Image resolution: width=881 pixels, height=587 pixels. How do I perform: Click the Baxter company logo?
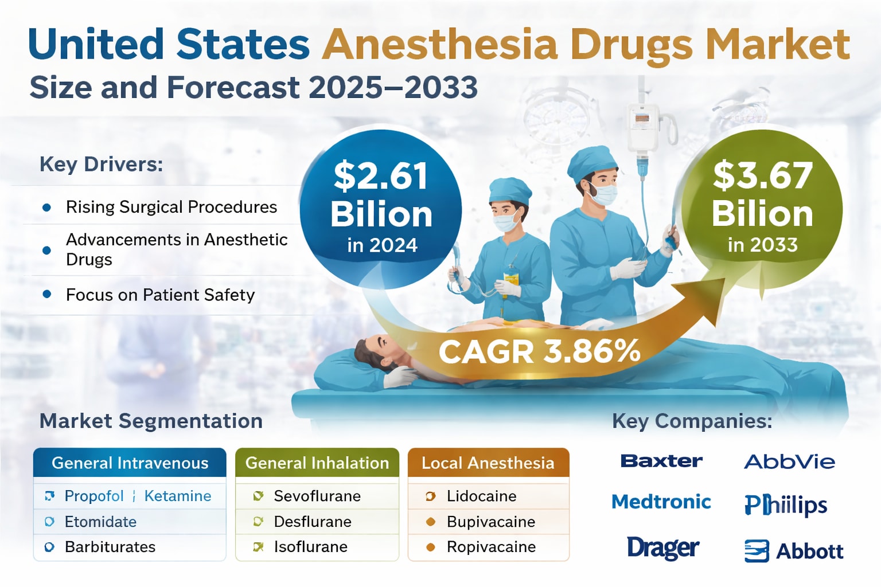[x=661, y=461]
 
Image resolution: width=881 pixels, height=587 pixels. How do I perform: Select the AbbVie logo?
[x=789, y=461]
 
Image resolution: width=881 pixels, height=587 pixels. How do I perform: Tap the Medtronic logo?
[x=661, y=502]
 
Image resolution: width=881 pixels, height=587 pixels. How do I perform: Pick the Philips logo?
[x=786, y=505]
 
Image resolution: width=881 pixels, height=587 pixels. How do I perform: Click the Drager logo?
[x=662, y=548]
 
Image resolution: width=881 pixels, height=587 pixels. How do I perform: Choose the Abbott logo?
[x=794, y=551]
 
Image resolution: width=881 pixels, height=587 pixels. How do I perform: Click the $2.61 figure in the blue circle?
[x=381, y=176]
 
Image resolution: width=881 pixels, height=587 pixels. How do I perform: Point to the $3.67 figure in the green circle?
[x=762, y=175]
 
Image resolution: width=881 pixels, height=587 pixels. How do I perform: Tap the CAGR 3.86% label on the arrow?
[x=539, y=351]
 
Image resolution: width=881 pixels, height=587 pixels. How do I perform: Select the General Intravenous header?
[x=130, y=463]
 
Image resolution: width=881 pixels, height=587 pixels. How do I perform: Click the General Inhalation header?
[x=317, y=463]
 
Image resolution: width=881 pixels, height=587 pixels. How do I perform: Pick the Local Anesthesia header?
[x=488, y=463]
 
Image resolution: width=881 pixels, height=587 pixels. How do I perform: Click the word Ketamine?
[x=178, y=496]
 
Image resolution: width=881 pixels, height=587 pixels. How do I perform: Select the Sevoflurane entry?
[x=317, y=496]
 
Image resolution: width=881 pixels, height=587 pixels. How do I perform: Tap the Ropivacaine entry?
[x=491, y=547]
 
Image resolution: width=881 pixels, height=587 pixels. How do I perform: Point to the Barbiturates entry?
[x=110, y=547]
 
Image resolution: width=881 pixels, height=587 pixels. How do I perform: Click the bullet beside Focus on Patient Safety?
[x=47, y=294]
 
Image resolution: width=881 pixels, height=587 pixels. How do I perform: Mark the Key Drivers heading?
[x=101, y=165]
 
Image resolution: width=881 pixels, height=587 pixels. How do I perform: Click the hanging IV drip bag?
[x=642, y=126]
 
